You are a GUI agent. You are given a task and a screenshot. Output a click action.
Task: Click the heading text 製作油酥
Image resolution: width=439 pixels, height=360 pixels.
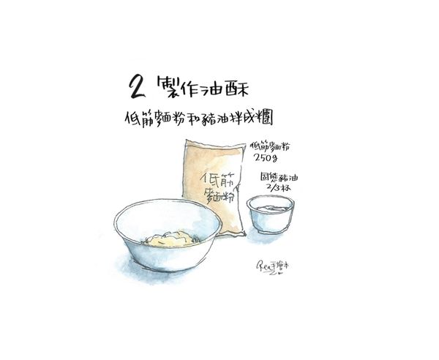pyautogui.click(x=199, y=89)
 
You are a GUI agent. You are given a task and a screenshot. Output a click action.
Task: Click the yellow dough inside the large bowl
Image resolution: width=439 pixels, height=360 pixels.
pyautogui.click(x=170, y=238)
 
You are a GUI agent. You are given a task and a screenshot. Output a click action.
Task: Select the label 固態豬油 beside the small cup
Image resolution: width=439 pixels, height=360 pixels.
pyautogui.click(x=278, y=178)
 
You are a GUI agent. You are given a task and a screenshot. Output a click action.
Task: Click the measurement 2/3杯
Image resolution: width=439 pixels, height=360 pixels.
pyautogui.click(x=281, y=188)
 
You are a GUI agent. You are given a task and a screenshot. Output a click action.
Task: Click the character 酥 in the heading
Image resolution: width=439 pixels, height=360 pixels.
pyautogui.click(x=239, y=89)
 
